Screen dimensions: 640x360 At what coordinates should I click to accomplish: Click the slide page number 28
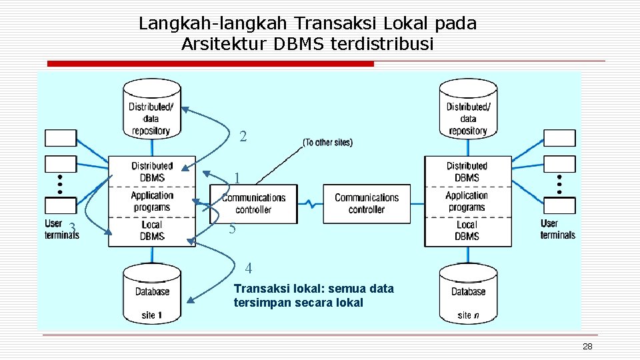(587, 347)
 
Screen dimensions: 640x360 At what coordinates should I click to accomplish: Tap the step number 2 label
(243, 137)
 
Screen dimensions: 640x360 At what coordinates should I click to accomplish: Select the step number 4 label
(249, 269)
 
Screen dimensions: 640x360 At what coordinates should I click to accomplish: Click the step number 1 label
(237, 179)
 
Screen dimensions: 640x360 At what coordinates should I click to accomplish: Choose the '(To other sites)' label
(327, 142)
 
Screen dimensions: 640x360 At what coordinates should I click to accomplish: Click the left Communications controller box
(253, 203)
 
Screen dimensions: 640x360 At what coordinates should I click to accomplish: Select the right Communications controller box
(366, 203)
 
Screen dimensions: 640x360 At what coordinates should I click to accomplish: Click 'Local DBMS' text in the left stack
(152, 231)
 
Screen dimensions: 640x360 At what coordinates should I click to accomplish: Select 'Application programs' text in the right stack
(467, 201)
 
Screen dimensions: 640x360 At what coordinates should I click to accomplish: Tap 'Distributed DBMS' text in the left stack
(152, 172)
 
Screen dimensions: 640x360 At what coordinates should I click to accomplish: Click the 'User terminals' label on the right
(557, 229)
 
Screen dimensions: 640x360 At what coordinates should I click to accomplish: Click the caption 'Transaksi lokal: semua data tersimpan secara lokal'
(313, 295)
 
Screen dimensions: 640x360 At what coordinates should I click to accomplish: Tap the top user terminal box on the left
(61, 138)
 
